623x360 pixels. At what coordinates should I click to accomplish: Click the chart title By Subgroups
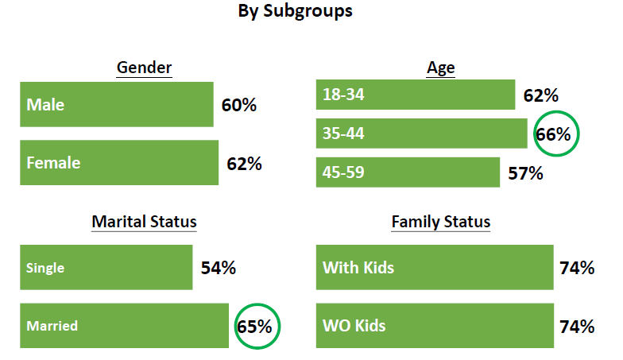pyautogui.click(x=295, y=11)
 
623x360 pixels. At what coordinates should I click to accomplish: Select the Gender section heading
pyautogui.click(x=145, y=68)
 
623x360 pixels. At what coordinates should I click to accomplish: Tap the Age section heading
pyautogui.click(x=440, y=68)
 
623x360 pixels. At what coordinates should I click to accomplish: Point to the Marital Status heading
pyautogui.click(x=145, y=222)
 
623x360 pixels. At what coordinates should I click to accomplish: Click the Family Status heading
pyautogui.click(x=440, y=222)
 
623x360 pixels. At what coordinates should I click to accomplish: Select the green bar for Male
pyautogui.click(x=117, y=105)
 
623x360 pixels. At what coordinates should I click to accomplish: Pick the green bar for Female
pyautogui.click(x=119, y=162)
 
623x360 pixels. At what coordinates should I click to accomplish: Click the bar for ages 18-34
pyautogui.click(x=416, y=95)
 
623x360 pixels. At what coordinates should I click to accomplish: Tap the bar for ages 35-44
pyautogui.click(x=421, y=134)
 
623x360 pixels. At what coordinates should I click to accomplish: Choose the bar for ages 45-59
pyautogui.click(x=408, y=172)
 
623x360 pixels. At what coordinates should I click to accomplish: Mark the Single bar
pyautogui.click(x=106, y=267)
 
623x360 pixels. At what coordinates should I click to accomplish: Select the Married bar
pyautogui.click(x=124, y=326)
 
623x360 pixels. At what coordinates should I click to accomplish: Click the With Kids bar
pyautogui.click(x=435, y=267)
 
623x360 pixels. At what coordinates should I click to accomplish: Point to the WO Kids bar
pyautogui.click(x=435, y=326)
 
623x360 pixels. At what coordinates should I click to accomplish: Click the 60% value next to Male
pyautogui.click(x=238, y=105)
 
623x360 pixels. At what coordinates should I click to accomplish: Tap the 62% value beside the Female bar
pyautogui.click(x=244, y=164)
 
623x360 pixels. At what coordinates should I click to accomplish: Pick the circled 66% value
pyautogui.click(x=553, y=135)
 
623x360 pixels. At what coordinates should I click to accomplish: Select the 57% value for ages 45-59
pyautogui.click(x=525, y=173)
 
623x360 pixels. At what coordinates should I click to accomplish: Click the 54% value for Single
pyautogui.click(x=218, y=269)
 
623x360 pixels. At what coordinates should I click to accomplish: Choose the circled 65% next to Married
pyautogui.click(x=254, y=327)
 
